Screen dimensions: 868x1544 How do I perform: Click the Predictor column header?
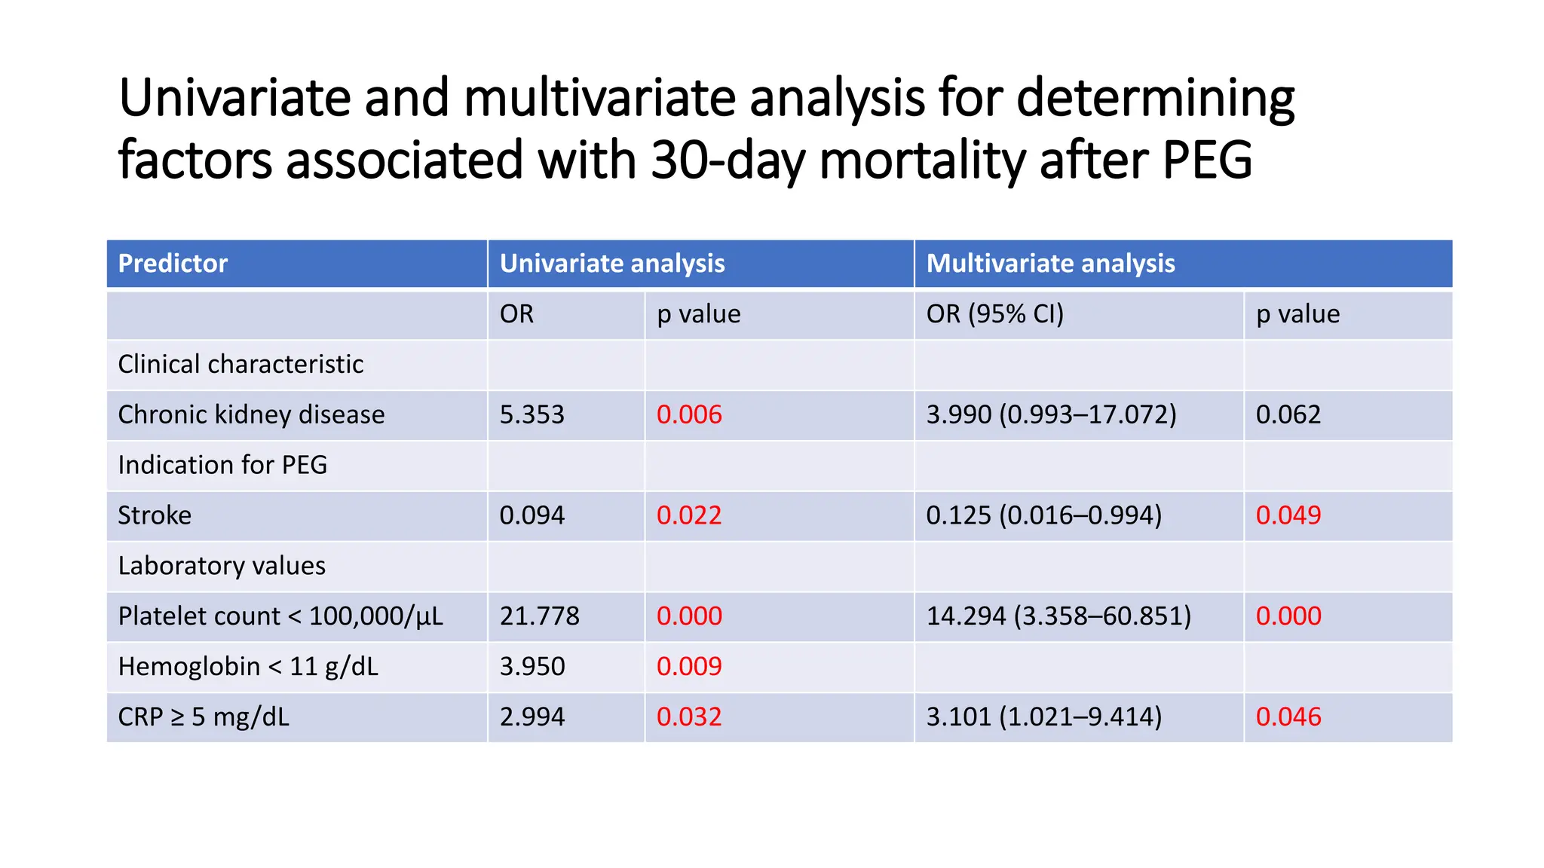tap(173, 264)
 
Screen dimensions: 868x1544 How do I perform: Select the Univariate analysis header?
tap(612, 264)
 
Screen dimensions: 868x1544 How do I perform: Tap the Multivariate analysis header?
tap(1050, 264)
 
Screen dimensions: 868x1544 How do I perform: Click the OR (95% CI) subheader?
tap(994, 314)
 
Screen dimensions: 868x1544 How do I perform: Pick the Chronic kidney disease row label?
tap(251, 415)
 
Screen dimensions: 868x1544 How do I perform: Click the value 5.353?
tap(532, 415)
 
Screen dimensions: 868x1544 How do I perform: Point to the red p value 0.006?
tap(689, 415)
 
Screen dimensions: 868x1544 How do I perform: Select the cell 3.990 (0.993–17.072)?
tap(1051, 415)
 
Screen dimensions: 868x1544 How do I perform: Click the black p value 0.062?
tap(1288, 415)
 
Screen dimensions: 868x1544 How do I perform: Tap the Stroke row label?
tap(155, 515)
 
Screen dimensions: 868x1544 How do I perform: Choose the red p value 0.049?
tap(1288, 515)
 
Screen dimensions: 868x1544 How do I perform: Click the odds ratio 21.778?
tap(539, 616)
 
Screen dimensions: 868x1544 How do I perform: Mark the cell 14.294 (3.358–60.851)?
tap(1058, 616)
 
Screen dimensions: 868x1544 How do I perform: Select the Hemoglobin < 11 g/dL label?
tap(248, 667)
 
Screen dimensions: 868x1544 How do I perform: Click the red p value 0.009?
tap(689, 667)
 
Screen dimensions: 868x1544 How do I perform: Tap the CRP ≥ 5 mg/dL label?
tap(204, 717)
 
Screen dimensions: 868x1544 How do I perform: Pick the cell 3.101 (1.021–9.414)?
tap(1043, 717)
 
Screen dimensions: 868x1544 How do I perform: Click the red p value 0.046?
tap(1288, 717)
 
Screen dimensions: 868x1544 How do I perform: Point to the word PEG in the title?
tap(1207, 160)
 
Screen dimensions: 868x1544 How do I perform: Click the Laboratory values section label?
tap(222, 566)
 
